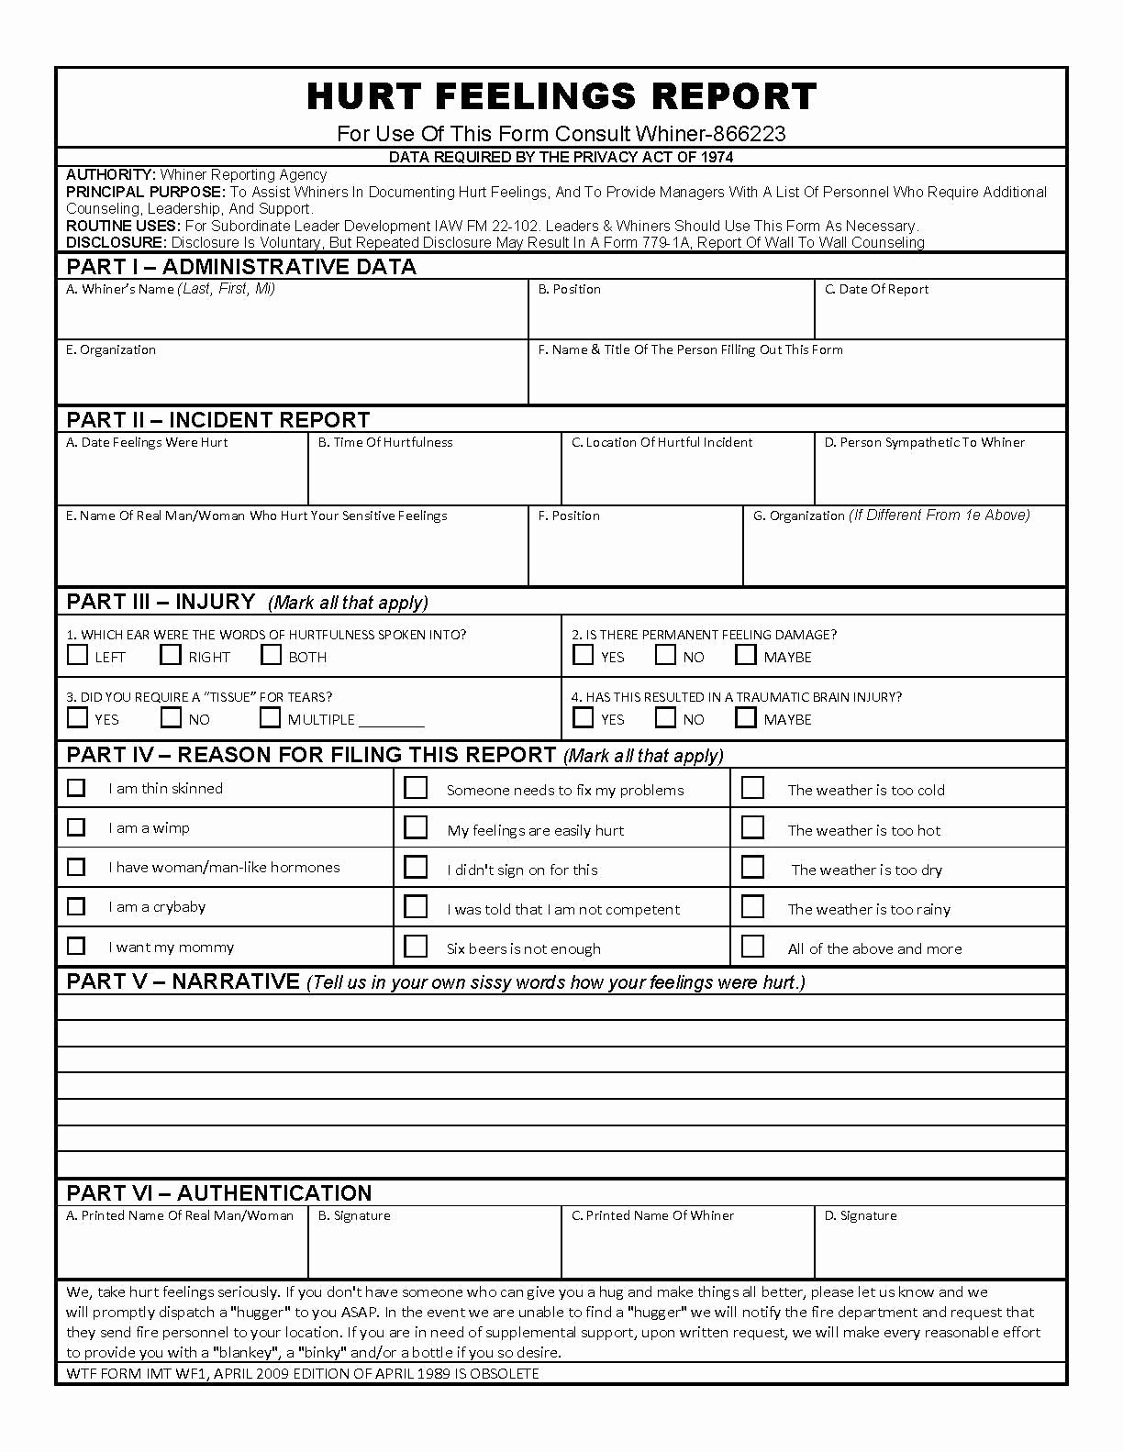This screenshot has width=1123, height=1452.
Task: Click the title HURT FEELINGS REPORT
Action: (561, 96)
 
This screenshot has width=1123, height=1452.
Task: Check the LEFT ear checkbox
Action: (78, 655)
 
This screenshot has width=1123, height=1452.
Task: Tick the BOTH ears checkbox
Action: (271, 655)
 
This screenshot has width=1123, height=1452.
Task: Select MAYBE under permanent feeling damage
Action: (746, 655)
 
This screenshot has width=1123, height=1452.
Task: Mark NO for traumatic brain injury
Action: (666, 717)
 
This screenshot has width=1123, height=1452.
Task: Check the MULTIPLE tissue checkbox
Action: (270, 717)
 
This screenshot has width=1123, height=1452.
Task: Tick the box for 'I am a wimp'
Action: (76, 827)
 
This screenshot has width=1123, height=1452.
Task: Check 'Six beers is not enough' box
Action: (416, 946)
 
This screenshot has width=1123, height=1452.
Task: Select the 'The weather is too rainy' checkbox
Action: (752, 906)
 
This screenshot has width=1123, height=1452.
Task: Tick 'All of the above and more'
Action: (752, 946)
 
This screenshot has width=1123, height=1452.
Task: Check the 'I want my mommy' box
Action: (76, 946)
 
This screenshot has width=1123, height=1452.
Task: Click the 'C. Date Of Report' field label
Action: (876, 289)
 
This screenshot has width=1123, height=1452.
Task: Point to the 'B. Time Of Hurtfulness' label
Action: (385, 442)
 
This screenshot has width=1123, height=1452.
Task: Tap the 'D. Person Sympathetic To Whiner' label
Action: (924, 442)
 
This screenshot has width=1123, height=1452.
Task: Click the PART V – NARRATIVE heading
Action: (183, 981)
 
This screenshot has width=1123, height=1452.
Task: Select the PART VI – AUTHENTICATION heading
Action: (218, 1192)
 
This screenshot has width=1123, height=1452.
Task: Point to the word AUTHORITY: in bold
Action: (110, 174)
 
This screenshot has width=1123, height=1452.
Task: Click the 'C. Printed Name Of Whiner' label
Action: (652, 1215)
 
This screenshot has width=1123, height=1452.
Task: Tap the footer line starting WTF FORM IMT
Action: (303, 1373)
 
